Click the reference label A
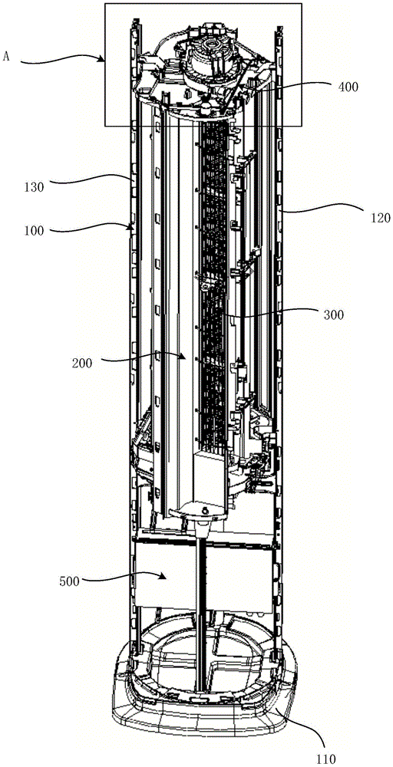6,56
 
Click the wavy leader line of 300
276,316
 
